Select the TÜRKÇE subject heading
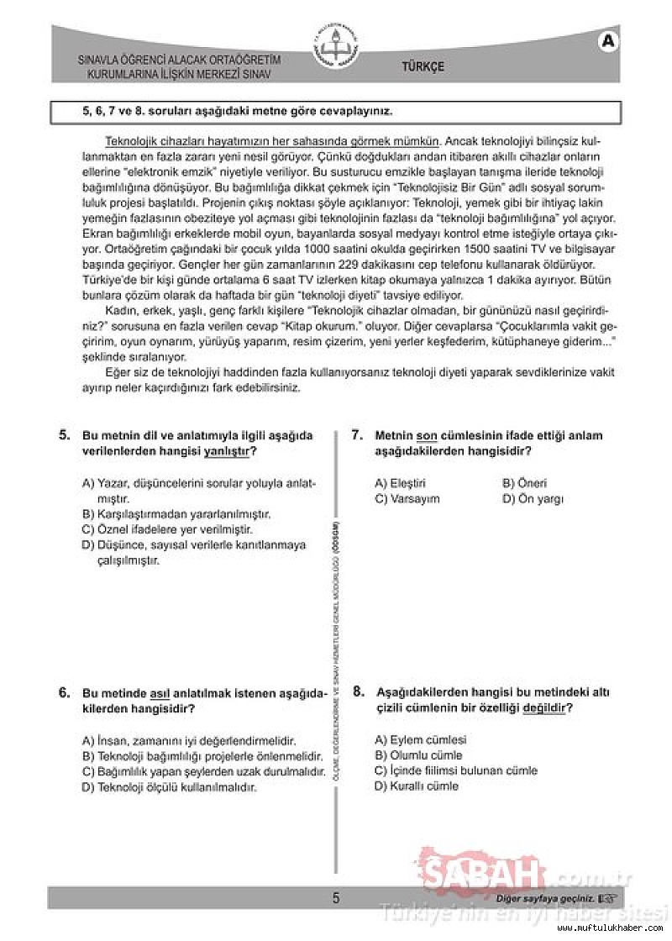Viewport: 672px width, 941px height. tap(423, 67)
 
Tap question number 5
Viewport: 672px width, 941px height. tap(64, 435)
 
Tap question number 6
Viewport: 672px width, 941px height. tap(64, 692)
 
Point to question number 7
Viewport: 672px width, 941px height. tap(357, 435)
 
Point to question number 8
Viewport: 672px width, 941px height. tap(358, 692)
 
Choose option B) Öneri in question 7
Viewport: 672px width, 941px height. tap(524, 483)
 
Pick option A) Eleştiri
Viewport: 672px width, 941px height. tap(401, 483)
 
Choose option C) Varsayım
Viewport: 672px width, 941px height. tap(407, 499)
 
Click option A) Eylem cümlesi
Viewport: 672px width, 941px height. tap(419, 740)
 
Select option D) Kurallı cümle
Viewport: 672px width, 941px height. tap(417, 786)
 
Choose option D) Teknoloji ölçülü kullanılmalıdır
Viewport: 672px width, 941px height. tap(169, 787)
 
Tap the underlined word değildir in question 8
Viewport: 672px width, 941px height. tap(544, 708)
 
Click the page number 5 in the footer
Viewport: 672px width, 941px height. tap(336, 898)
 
